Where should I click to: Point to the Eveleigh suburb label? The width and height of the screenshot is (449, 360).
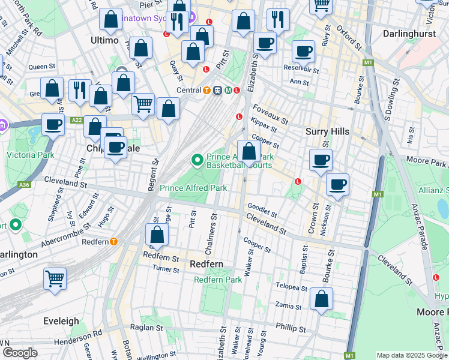click(61, 321)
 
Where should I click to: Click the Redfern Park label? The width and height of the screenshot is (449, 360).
click(218, 280)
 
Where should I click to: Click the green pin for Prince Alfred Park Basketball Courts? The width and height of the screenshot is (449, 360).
click(196, 160)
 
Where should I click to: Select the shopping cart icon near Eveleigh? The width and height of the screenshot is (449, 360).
click(55, 278)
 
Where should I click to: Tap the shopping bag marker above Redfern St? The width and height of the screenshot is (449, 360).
click(157, 235)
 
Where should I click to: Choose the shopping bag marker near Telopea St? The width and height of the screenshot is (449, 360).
click(322, 299)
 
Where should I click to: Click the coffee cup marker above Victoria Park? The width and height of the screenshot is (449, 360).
click(53, 125)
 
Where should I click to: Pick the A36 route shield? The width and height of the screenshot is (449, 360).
click(24, 185)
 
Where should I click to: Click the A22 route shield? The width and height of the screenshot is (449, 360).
click(76, 120)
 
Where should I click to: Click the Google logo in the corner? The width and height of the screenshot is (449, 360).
click(20, 353)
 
